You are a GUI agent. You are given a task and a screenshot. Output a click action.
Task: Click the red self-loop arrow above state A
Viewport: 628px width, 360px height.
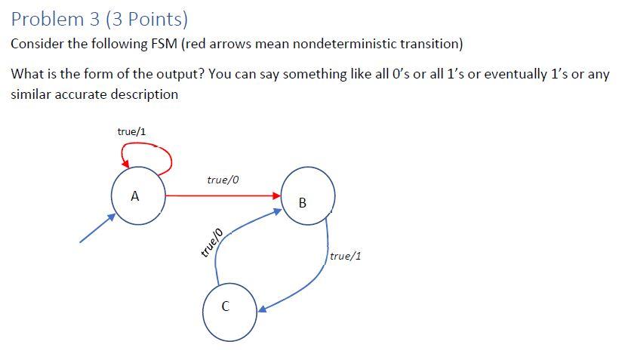point(146,154)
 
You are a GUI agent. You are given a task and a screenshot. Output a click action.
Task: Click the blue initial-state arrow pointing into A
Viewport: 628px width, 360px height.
point(97,228)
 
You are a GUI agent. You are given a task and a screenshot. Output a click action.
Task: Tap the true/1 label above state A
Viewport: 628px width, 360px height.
point(132,131)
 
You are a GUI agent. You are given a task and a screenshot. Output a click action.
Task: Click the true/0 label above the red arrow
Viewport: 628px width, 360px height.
point(223,180)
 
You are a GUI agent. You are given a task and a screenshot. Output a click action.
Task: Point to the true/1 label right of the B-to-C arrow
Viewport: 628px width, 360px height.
point(346,256)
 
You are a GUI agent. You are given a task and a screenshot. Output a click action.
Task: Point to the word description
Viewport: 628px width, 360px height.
point(140,94)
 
